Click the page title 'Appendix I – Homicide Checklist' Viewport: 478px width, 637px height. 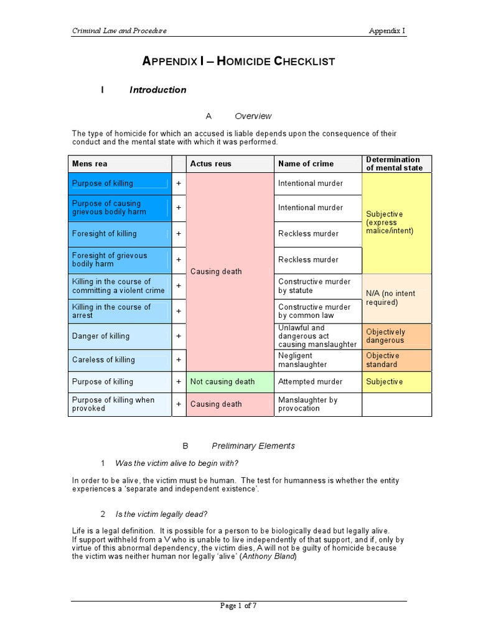tap(239, 61)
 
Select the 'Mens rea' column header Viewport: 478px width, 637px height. tap(90, 164)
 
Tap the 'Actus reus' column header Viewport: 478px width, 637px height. tap(210, 164)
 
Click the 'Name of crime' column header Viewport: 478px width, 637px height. tap(306, 164)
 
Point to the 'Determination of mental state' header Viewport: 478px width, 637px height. tap(394, 164)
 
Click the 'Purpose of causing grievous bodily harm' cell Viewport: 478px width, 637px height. tap(118, 208)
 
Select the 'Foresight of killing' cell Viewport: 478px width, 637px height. tap(118, 234)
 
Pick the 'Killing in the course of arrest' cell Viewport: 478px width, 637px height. tap(118, 311)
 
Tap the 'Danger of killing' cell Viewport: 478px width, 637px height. tap(118, 337)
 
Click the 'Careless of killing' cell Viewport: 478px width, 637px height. tap(118, 360)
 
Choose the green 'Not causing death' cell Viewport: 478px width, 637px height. tap(222, 381)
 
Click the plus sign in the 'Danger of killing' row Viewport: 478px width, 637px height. tap(179, 336)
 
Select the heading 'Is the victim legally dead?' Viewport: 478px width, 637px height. tap(162, 514)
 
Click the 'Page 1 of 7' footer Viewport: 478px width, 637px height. tap(239, 607)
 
